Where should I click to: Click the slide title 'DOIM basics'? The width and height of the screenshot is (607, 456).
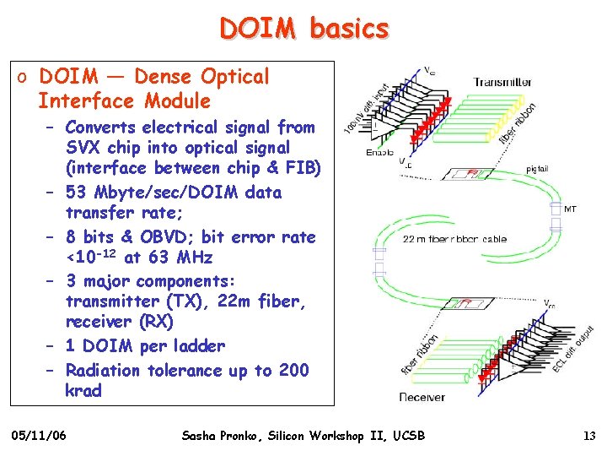tap(304, 29)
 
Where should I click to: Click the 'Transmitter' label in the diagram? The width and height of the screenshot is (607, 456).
tap(502, 82)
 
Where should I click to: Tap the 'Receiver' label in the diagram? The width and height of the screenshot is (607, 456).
tap(423, 397)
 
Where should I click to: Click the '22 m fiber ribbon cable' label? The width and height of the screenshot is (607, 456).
tap(454, 239)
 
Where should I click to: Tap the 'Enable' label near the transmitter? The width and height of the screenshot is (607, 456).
tap(379, 152)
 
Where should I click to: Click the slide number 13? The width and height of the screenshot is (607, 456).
tap(589, 436)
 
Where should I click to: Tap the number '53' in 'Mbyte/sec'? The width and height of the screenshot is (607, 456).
tap(77, 193)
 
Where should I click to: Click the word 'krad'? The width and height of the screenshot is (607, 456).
tap(83, 391)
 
